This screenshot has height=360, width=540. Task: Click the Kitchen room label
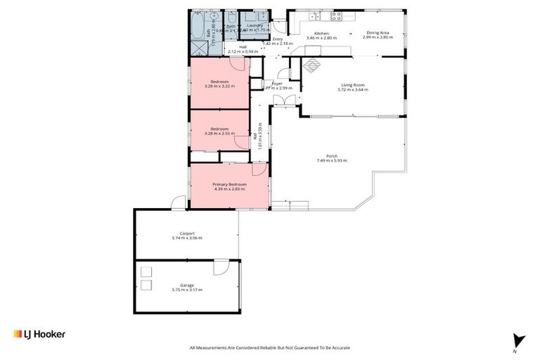(321, 34)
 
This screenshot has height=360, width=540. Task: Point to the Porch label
(332, 156)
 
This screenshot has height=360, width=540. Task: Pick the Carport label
(186, 233)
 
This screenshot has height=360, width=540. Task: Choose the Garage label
(186, 285)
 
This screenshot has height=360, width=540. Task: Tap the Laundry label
(254, 25)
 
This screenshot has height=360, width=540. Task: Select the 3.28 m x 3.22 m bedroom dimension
(219, 86)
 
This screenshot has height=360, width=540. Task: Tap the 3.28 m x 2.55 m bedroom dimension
(219, 134)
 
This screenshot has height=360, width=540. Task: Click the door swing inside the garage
(221, 267)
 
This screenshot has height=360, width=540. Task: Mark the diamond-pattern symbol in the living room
(311, 65)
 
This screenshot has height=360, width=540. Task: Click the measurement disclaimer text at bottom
(270, 347)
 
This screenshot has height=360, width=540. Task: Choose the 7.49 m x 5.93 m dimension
(332, 161)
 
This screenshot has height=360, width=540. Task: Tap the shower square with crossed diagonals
(198, 51)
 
